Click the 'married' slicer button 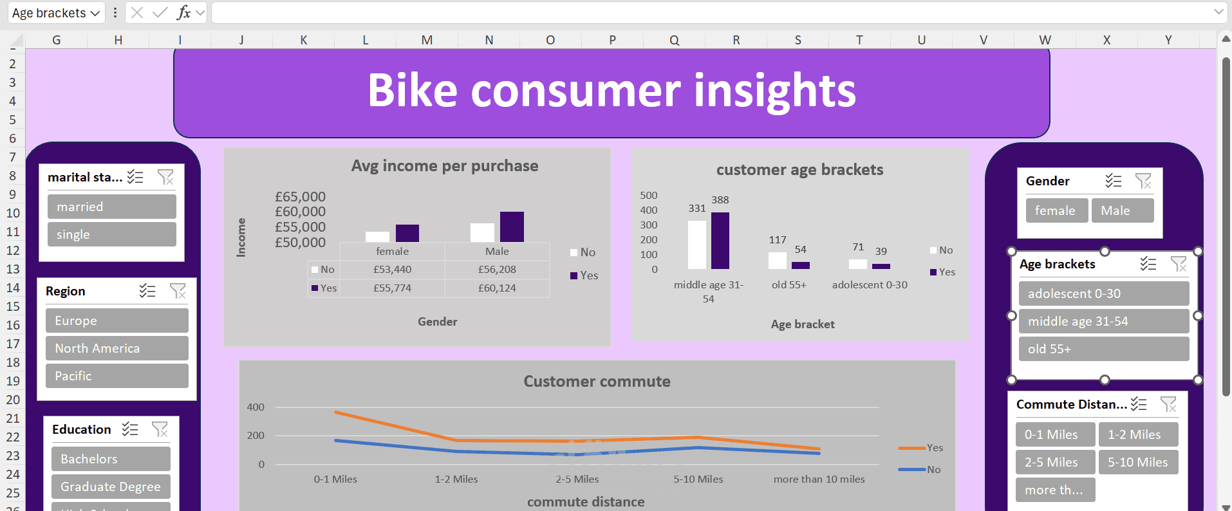click(x=111, y=207)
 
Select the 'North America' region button click(x=117, y=348)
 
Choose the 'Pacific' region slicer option click(x=117, y=376)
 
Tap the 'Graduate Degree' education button click(x=111, y=487)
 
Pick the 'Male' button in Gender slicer click(x=1122, y=210)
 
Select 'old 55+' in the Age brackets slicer click(x=1103, y=349)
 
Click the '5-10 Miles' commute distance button click(x=1137, y=462)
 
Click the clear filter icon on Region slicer click(x=178, y=291)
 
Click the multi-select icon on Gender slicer click(x=1113, y=181)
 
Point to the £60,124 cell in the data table click(x=497, y=288)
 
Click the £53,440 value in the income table click(x=392, y=269)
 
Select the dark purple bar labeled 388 click(x=720, y=240)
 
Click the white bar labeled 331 click(x=697, y=245)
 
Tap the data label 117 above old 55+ click(x=778, y=239)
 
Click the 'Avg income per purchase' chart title click(x=444, y=166)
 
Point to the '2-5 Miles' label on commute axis click(x=577, y=479)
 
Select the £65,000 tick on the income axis click(x=300, y=196)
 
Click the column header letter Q click(x=674, y=40)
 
